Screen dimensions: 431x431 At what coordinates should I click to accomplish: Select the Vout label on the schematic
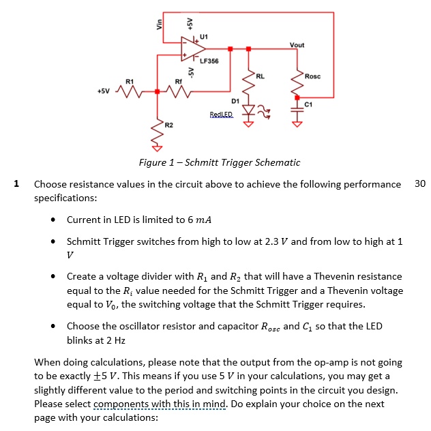tap(297, 45)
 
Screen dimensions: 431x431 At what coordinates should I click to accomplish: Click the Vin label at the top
tap(160, 23)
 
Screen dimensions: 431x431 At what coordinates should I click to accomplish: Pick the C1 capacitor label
tap(309, 105)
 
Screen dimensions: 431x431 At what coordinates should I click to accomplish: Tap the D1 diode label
tap(235, 100)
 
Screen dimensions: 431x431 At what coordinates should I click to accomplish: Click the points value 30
tap(419, 184)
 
